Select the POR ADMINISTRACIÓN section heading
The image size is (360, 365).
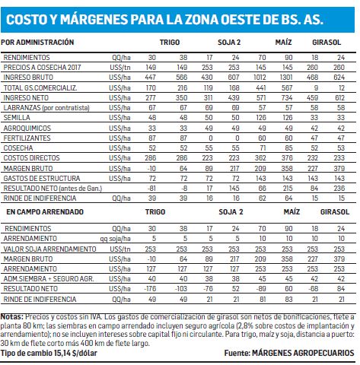click(x=37, y=42)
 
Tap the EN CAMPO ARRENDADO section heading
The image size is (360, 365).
click(x=45, y=211)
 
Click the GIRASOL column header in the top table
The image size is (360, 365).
click(x=327, y=42)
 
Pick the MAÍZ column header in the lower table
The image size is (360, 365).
click(x=292, y=211)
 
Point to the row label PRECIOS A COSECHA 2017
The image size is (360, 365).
click(x=42, y=68)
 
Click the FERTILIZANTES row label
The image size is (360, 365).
click(x=27, y=138)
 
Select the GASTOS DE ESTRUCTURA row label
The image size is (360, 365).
click(x=42, y=179)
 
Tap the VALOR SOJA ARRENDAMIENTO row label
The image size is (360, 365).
click(x=49, y=249)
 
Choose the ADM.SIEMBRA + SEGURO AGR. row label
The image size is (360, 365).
click(x=49, y=279)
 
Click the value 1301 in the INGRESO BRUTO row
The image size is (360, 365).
click(x=286, y=78)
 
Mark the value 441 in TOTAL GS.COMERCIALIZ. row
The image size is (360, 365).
click(x=260, y=88)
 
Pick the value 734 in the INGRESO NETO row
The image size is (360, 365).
click(x=287, y=98)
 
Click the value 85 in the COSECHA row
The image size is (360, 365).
click(x=288, y=148)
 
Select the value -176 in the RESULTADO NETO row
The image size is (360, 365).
click(x=150, y=289)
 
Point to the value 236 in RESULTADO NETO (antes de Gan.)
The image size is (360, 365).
click(x=339, y=189)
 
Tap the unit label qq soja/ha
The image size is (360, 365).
click(x=115, y=239)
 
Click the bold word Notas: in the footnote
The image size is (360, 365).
click(x=12, y=316)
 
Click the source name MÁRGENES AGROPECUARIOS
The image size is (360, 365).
click(x=303, y=353)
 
